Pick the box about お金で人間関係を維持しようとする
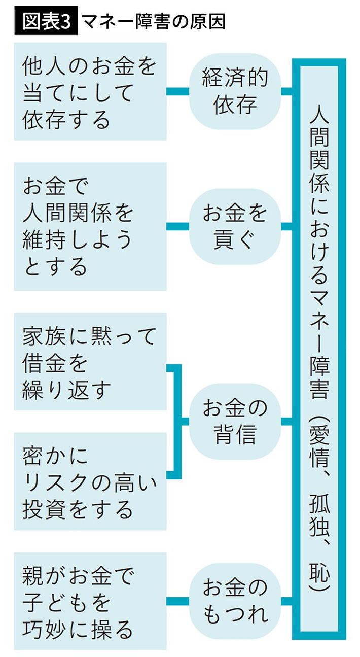coord(90,226)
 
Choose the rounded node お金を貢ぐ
coord(235,226)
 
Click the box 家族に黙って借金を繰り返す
coord(90,362)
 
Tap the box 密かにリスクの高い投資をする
coord(90,481)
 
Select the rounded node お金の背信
coord(235,421)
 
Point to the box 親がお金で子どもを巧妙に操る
coord(90,601)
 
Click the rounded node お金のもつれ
coord(235,601)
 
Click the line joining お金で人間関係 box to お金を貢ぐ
coord(177,226)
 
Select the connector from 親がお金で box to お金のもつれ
coord(177,601)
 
